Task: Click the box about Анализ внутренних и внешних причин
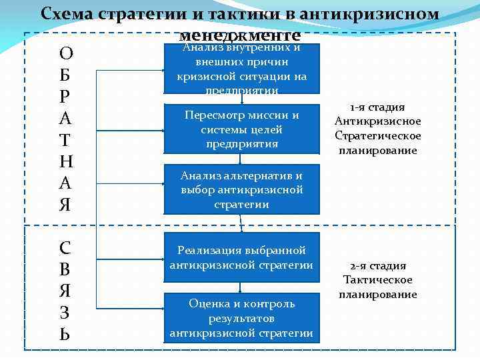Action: click(x=241, y=69)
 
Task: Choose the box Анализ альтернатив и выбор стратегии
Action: click(x=241, y=189)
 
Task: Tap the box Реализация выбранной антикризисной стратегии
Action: click(x=241, y=257)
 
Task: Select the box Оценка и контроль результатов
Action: click(x=241, y=318)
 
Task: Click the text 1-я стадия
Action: click(x=377, y=107)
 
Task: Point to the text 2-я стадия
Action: click(x=377, y=265)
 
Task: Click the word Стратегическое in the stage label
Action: click(x=377, y=136)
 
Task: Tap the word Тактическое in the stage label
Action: click(x=377, y=280)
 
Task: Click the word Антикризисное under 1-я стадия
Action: click(x=377, y=121)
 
